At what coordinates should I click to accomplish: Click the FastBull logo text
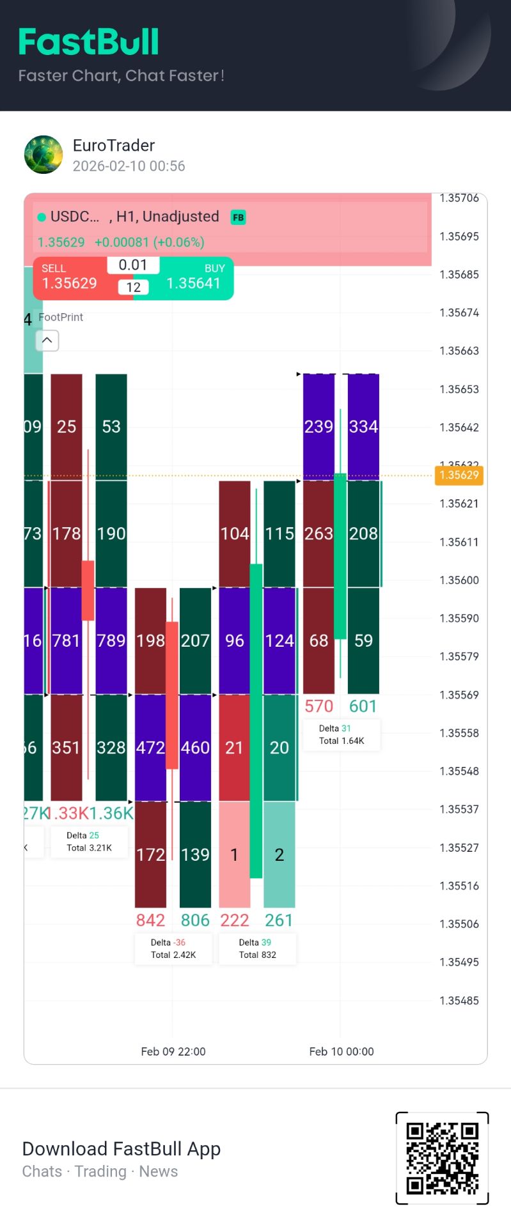pos(88,43)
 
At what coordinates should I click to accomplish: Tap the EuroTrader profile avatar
pos(43,155)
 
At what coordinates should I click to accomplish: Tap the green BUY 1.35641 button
pos(194,277)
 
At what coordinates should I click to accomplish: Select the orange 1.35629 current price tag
pos(459,475)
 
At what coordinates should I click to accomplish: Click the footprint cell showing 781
pos(67,640)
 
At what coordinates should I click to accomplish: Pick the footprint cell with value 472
pos(150,747)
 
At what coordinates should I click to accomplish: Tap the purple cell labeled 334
pos(363,426)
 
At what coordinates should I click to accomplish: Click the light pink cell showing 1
pos(234,854)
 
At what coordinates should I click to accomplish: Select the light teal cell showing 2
pos(279,854)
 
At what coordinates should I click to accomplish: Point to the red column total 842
pos(150,920)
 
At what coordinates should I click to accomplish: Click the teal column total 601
pos(363,706)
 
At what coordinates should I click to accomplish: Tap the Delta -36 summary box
pos(173,948)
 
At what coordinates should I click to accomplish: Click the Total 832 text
pos(257,955)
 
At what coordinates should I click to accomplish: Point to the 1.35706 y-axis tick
pos(459,198)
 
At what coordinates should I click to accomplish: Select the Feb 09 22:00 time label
pos(173,1051)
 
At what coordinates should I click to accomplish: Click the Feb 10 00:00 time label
pos(342,1051)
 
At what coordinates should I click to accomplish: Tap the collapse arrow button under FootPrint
pos(47,340)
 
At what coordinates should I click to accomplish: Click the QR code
pos(442,1158)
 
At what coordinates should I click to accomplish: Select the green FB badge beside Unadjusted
pos(238,217)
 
